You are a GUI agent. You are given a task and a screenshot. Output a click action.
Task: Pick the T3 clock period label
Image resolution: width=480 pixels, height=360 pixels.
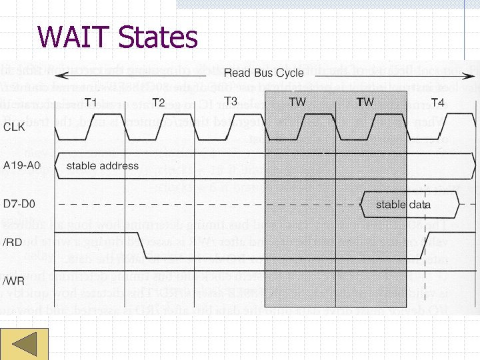230,101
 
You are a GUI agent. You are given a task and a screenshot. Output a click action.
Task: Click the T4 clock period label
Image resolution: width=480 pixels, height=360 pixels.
438,102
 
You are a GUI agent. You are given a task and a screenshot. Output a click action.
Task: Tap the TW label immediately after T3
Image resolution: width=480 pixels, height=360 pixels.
298,102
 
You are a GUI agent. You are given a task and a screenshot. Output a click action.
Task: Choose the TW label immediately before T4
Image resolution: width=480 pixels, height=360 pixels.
365,102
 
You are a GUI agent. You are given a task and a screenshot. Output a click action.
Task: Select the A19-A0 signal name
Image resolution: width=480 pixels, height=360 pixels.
23,165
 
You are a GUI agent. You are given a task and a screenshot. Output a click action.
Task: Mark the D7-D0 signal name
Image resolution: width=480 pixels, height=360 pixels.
20,203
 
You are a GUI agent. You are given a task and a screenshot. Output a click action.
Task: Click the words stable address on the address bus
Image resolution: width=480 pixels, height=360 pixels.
103,165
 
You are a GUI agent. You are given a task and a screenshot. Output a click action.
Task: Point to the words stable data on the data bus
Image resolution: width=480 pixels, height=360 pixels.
403,204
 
